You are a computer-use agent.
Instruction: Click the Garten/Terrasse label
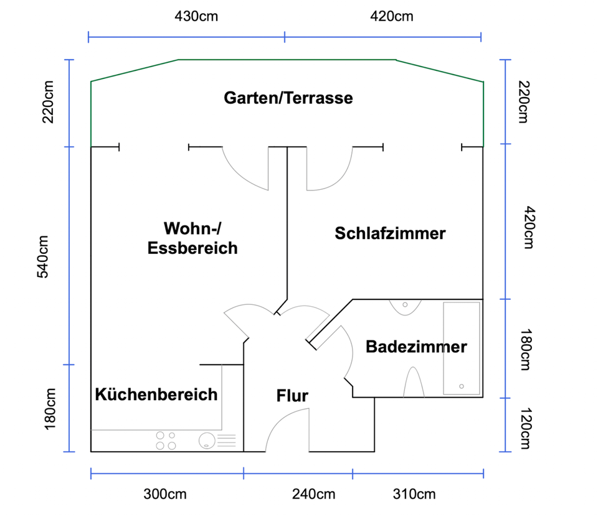coord(288,98)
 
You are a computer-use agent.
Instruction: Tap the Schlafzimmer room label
coord(390,233)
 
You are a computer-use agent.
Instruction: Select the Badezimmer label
coord(416,347)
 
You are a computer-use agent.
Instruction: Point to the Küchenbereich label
coord(156,394)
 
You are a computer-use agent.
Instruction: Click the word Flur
coord(292,395)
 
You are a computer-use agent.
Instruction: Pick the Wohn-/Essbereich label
coord(192,238)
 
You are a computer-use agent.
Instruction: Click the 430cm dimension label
coord(196,16)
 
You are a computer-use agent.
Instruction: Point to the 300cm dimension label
coord(164,495)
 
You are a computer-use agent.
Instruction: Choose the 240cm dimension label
coord(313,495)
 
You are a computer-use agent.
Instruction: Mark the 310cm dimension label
coord(414,495)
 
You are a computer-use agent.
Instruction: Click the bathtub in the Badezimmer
coord(462,348)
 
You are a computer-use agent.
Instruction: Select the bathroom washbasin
coord(406,306)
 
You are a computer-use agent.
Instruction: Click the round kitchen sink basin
coord(206,441)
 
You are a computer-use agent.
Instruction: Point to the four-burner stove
coord(166,441)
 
